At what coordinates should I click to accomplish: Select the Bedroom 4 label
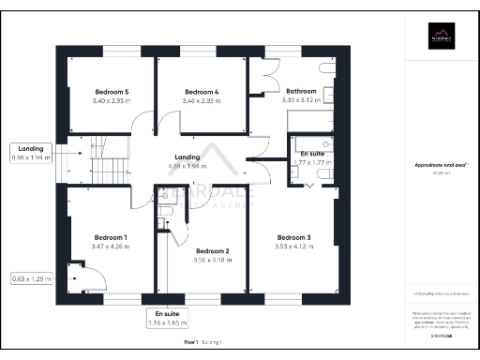pyautogui.click(x=200, y=91)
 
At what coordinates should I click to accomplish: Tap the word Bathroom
pyautogui.click(x=301, y=91)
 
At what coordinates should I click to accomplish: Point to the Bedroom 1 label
pyautogui.click(x=111, y=237)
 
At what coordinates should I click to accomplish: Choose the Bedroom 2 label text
pyautogui.click(x=212, y=250)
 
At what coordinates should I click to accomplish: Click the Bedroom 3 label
pyautogui.click(x=293, y=238)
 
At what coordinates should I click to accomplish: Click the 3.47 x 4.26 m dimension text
pyautogui.click(x=111, y=247)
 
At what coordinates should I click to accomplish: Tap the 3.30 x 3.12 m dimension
pyautogui.click(x=301, y=99)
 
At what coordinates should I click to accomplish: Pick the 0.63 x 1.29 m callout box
pyautogui.click(x=30, y=278)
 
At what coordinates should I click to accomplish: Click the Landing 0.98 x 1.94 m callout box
pyautogui.click(x=30, y=153)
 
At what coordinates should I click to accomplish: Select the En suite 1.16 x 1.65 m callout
pyautogui.click(x=167, y=319)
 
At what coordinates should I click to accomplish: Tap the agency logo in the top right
pyautogui.click(x=441, y=38)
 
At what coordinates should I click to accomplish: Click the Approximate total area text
pyautogui.click(x=440, y=165)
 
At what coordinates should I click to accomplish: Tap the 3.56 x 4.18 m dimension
pyautogui.click(x=212, y=260)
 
